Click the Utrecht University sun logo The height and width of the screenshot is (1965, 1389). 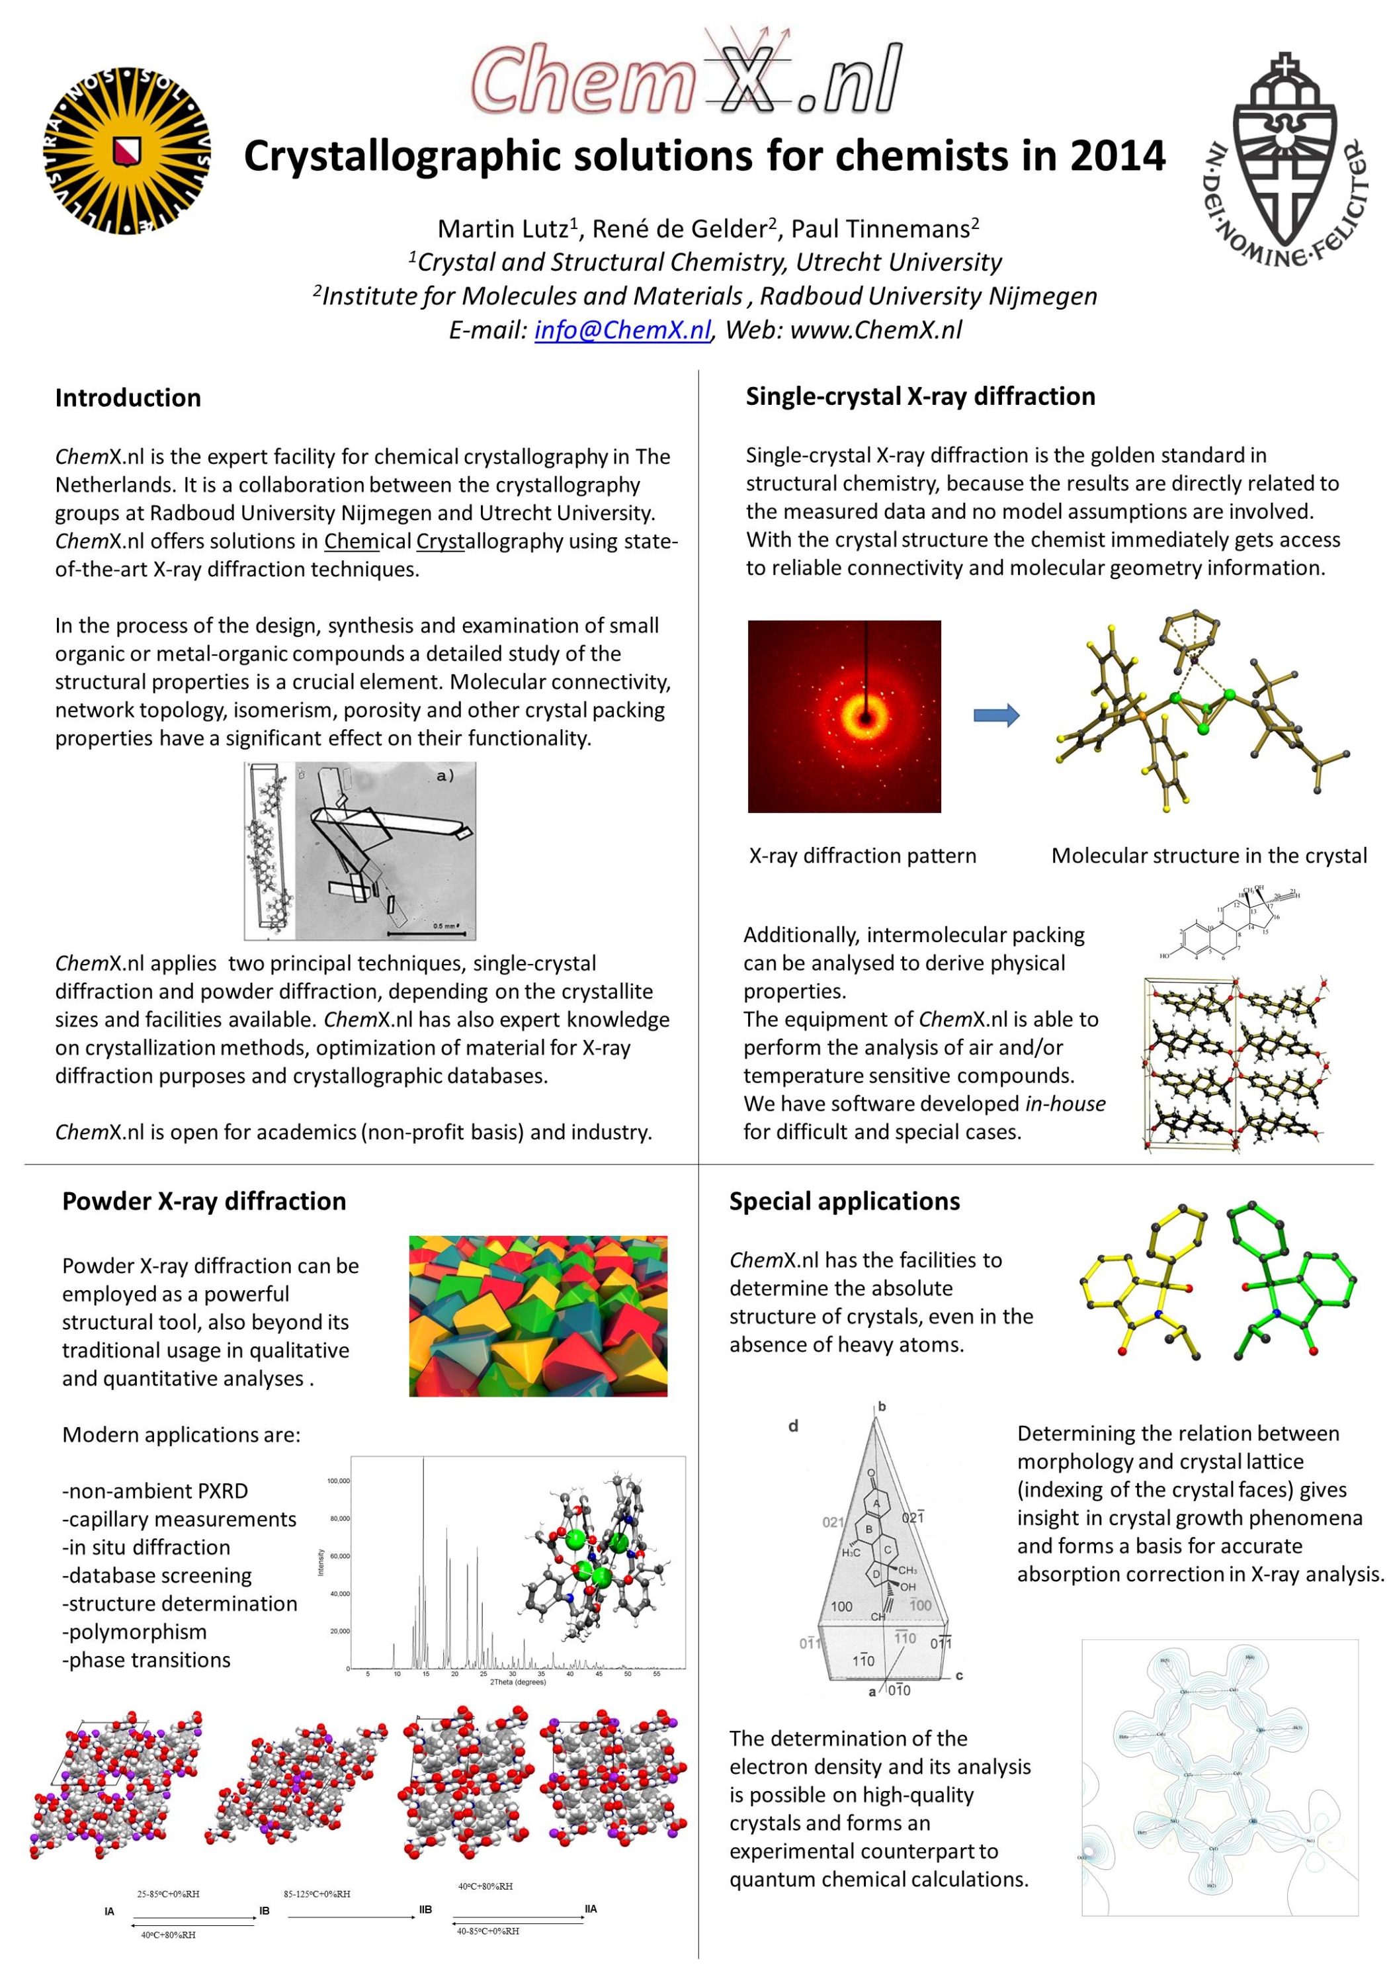tap(126, 151)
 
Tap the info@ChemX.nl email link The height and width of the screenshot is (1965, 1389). tap(622, 329)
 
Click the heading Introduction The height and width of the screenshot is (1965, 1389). tap(128, 398)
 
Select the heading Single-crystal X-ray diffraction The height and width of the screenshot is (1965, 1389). tap(920, 396)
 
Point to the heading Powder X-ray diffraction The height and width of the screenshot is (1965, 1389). tap(204, 1201)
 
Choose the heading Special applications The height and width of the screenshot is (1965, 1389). tap(844, 1201)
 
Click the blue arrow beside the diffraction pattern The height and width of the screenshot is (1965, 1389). tap(996, 715)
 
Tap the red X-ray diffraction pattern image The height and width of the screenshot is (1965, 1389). tap(844, 717)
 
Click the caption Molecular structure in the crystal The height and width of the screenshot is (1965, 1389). tap(1208, 856)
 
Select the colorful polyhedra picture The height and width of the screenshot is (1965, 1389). tap(538, 1315)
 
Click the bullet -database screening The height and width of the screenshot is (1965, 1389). tap(157, 1575)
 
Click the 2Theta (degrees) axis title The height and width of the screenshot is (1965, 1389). tap(517, 1682)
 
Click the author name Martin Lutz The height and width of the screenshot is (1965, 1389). tap(503, 230)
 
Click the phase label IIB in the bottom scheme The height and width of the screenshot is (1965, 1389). tap(425, 1909)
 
